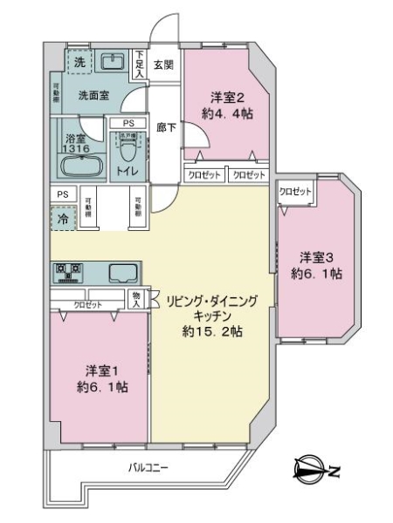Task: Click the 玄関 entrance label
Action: click(164, 64)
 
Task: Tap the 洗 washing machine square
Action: click(79, 63)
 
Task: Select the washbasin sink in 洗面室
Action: click(113, 62)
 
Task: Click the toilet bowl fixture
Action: click(128, 142)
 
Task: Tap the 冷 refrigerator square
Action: click(63, 220)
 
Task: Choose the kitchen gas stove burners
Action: click(67, 274)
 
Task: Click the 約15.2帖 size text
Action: click(212, 332)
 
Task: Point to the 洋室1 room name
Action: click(101, 369)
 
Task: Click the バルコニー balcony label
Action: click(148, 468)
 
